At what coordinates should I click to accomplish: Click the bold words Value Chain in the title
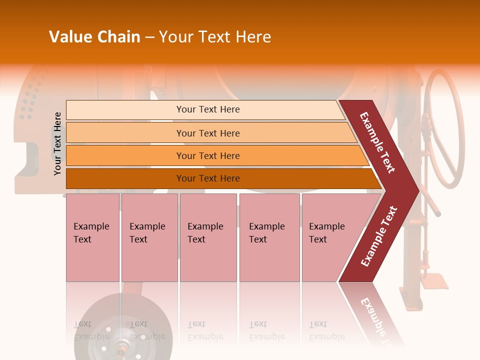[x=94, y=37]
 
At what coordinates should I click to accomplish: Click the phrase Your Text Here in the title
[x=215, y=37]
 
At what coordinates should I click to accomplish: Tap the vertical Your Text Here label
[x=57, y=143]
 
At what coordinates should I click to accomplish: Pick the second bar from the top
[x=208, y=133]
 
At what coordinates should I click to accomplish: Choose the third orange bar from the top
[x=208, y=155]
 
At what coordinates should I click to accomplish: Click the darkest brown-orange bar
[x=208, y=178]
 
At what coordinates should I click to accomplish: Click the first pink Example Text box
[x=92, y=237]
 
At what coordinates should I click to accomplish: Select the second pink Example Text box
[x=149, y=237]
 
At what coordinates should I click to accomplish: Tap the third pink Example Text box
[x=208, y=237]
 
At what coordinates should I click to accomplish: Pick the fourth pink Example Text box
[x=269, y=237]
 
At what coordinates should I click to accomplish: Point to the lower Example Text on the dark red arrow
[x=379, y=236]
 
